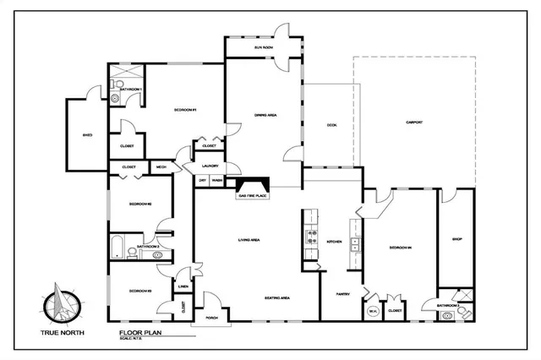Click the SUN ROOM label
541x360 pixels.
(x=263, y=48)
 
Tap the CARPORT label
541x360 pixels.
(x=414, y=123)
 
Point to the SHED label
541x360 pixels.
(x=87, y=134)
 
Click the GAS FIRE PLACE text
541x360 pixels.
(x=253, y=196)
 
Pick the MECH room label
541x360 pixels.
(x=161, y=167)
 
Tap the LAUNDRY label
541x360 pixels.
(x=210, y=166)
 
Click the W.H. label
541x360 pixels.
(x=373, y=311)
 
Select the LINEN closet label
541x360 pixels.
(x=183, y=286)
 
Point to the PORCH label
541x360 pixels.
(x=200, y=318)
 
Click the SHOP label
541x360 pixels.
(x=456, y=238)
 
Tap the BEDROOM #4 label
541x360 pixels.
(x=400, y=248)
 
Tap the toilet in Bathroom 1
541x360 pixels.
(x=116, y=98)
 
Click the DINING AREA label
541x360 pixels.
(x=267, y=114)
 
